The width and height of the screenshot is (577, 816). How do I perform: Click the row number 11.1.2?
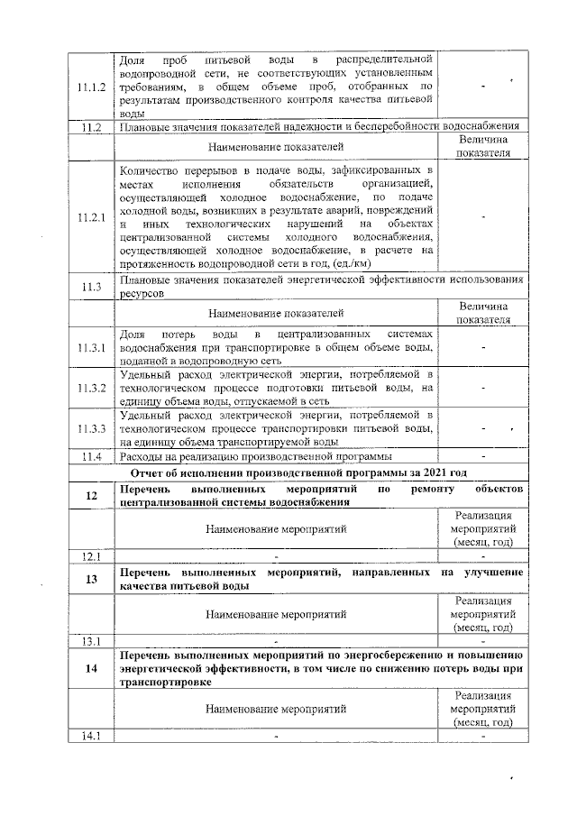[x=90, y=87]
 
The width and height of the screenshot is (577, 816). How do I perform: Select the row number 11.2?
[x=90, y=127]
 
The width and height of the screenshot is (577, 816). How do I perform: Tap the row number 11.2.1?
[x=90, y=217]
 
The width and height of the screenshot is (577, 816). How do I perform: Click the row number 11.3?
[x=90, y=287]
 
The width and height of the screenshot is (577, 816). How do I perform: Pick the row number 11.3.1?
[x=90, y=348]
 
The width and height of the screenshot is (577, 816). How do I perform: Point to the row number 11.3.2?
[x=90, y=388]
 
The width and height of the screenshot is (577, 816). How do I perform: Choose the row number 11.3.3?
[x=90, y=428]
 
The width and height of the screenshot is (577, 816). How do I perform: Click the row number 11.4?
[x=90, y=457]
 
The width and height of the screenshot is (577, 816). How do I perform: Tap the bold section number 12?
[x=91, y=496]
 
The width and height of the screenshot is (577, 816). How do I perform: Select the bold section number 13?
[x=91, y=579]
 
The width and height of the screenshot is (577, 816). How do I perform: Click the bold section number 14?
[x=91, y=668]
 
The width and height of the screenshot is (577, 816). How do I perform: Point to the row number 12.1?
[x=90, y=555]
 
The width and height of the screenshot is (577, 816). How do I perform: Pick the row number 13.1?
[x=90, y=642]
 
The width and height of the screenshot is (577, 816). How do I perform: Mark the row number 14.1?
[x=90, y=737]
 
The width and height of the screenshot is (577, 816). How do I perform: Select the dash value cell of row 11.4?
[x=484, y=457]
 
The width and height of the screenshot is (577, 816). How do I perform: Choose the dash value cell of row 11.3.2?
[x=484, y=388]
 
